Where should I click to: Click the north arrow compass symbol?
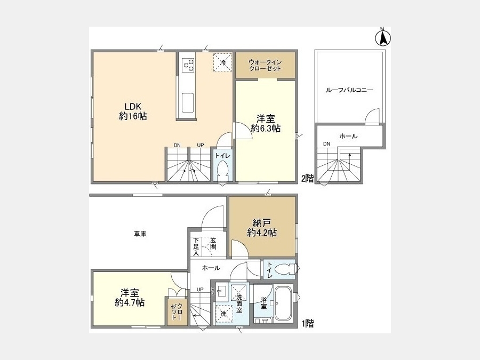[x=383, y=37]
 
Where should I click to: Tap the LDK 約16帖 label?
[x=133, y=111]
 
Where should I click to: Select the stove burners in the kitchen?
[x=188, y=65]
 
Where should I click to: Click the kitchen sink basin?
[x=188, y=102]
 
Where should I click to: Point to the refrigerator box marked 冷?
[x=223, y=62]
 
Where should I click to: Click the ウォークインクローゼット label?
[x=265, y=65]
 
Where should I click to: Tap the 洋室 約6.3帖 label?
[x=266, y=123]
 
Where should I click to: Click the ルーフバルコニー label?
[x=349, y=90]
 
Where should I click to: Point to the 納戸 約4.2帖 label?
[x=262, y=228]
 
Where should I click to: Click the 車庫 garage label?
[x=140, y=234]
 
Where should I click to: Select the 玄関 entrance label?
[x=213, y=243]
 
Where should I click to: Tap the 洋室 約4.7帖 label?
[x=130, y=298]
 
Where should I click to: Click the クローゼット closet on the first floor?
[x=177, y=311]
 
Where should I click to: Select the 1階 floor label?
[x=307, y=323]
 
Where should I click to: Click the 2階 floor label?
[x=307, y=179]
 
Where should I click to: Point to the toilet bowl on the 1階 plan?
[x=286, y=269]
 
